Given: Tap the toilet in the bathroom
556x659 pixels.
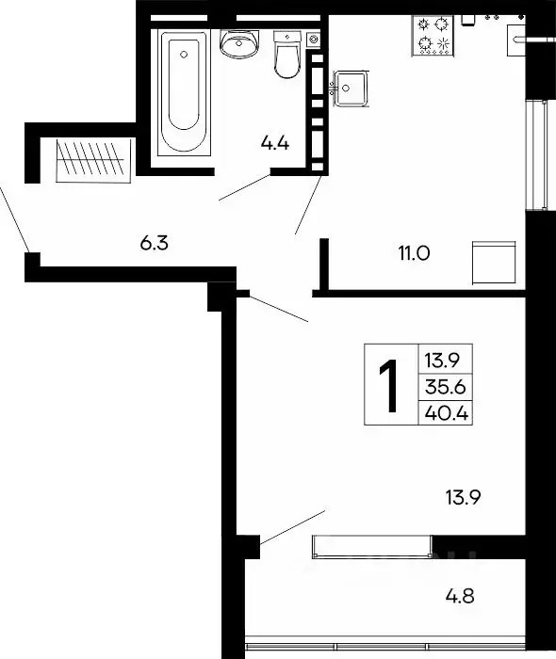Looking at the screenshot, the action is (287, 55).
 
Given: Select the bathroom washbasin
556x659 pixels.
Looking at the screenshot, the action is (239, 43).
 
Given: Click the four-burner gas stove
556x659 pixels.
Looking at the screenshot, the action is (433, 36).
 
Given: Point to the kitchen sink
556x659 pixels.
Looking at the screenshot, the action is (351, 88).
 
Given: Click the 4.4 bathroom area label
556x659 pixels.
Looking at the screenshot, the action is (274, 144).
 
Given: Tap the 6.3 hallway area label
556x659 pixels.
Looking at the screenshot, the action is (154, 243).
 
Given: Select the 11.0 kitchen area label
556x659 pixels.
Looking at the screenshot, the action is (414, 253).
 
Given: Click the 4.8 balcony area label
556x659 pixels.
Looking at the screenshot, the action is (460, 596).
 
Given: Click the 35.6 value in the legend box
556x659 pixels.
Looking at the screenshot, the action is (446, 387).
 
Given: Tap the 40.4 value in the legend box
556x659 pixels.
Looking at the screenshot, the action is (447, 413).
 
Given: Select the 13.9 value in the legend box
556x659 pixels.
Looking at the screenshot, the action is (443, 361).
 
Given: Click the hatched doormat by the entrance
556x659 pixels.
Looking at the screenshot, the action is (93, 161).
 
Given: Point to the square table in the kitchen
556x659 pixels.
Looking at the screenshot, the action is (494, 263).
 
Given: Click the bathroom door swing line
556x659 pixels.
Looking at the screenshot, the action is (244, 187).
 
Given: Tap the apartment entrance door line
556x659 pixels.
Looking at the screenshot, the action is (14, 218).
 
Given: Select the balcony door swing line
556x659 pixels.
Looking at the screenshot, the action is (292, 527).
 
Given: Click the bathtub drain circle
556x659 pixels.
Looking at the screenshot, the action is (184, 55).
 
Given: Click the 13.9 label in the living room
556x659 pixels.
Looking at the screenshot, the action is (463, 497).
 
